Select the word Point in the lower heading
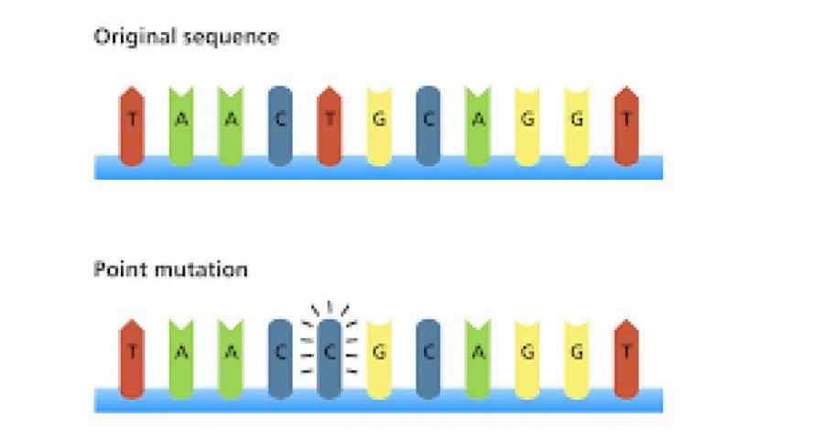tap(116, 270)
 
